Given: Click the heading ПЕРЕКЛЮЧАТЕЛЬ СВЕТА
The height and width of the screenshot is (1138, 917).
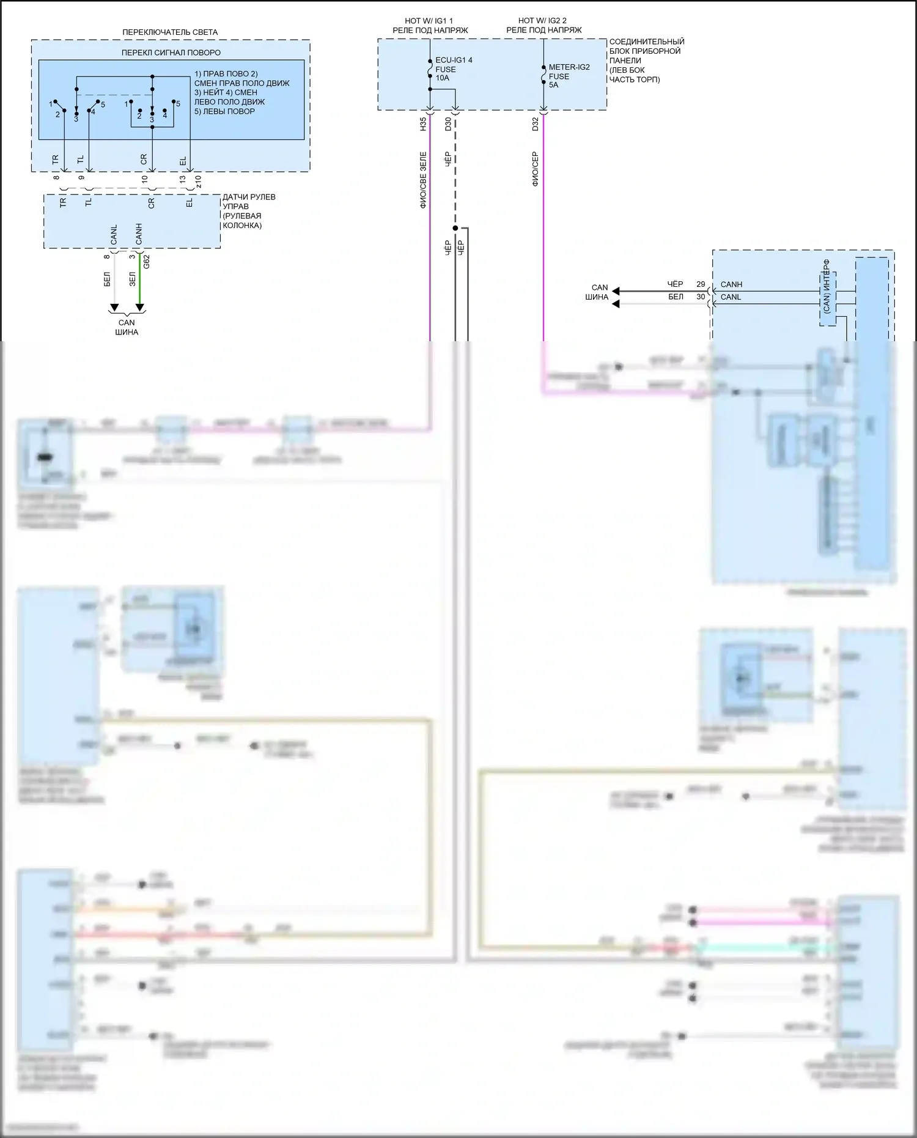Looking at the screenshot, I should coord(170,32).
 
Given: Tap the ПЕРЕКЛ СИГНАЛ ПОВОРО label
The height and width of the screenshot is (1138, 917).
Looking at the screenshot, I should coord(171,53).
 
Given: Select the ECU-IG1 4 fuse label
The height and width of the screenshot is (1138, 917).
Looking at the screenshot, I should coord(454,61).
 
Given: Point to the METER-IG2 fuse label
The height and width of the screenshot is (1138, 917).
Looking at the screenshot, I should coord(569,67).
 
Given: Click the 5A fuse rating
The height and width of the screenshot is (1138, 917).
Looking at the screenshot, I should coord(553,85).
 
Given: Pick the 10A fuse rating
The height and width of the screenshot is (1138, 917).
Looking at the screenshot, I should coord(442,78).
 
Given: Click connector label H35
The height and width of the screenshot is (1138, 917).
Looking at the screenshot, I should coord(423,125).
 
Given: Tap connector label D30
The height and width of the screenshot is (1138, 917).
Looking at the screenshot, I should coord(448,125).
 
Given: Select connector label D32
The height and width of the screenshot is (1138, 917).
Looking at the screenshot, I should coord(536,125).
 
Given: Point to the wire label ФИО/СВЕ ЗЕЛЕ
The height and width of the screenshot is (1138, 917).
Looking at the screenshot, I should coord(423,181).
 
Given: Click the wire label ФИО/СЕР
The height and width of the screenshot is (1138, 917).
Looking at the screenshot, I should coord(536,169).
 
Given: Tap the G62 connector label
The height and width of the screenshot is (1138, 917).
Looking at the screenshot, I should coord(146,262).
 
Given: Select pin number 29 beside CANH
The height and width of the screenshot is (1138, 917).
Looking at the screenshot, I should coord(701,284).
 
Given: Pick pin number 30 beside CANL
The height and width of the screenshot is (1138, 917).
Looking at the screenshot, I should coord(701,297).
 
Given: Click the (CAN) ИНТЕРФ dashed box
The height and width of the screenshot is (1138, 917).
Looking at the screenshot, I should coord(827,292).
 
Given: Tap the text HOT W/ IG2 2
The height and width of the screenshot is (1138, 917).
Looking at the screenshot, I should coord(542,21).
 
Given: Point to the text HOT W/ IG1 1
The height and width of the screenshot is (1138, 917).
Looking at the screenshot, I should coord(429,21).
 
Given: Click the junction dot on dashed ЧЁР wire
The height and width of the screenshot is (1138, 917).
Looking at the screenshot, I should coord(455,228).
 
